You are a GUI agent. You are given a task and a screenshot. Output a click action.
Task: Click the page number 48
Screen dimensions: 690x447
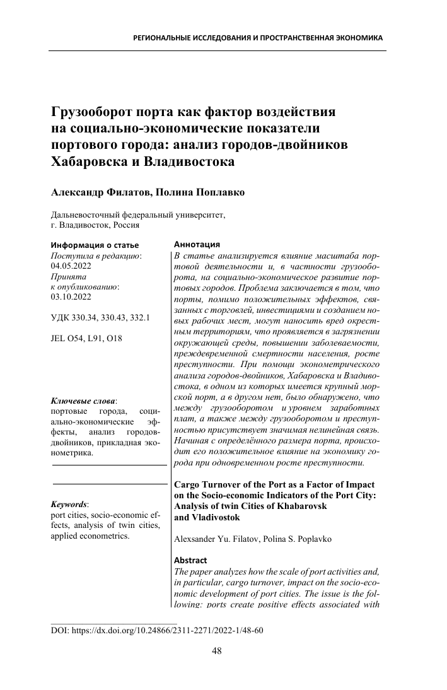(217, 652)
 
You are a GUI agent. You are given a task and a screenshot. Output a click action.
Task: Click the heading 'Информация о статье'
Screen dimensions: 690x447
(95, 245)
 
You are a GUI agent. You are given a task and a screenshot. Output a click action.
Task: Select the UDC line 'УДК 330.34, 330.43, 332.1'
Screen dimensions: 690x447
(99, 318)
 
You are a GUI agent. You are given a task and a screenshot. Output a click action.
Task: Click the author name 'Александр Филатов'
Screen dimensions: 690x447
(100, 192)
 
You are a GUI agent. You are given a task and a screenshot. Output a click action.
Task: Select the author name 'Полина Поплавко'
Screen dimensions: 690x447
(200, 192)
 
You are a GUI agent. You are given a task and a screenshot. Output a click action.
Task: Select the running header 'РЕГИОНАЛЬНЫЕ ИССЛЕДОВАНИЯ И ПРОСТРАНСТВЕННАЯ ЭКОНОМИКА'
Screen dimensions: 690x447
(258, 38)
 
